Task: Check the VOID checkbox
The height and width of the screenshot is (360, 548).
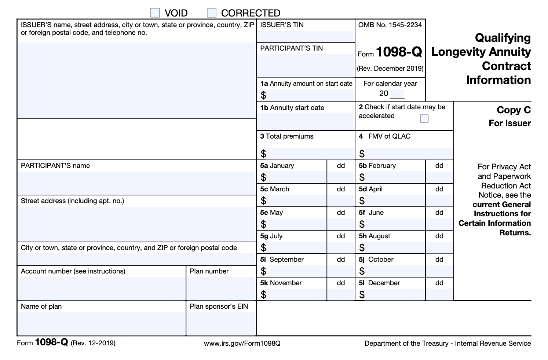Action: pyautogui.click(x=156, y=13)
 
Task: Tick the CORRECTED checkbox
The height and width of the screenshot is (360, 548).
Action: pyautogui.click(x=212, y=13)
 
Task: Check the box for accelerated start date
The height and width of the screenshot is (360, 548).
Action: pyautogui.click(x=424, y=119)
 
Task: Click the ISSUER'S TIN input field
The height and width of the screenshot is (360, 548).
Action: pyautogui.click(x=306, y=36)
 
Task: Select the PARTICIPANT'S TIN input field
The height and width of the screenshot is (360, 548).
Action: pyautogui.click(x=306, y=65)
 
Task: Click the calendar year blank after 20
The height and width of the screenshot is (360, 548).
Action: pyautogui.click(x=397, y=94)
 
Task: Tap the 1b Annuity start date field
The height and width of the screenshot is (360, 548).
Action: pyautogui.click(x=306, y=121)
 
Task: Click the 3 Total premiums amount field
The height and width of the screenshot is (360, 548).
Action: pyautogui.click(x=310, y=154)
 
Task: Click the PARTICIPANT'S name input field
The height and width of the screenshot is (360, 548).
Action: pyautogui.click(x=136, y=182)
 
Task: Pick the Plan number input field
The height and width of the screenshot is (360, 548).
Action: pyautogui.click(x=221, y=288)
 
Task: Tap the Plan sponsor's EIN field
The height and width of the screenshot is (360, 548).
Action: pyautogui.click(x=221, y=323)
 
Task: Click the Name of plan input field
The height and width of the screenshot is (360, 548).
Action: pyautogui.click(x=101, y=323)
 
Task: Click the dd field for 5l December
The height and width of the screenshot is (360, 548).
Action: pyautogui.click(x=439, y=294)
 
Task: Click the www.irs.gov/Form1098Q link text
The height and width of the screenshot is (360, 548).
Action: pyautogui.click(x=242, y=344)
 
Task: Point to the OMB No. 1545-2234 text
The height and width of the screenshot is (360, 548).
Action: pyautogui.click(x=390, y=25)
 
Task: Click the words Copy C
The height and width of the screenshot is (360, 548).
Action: pyautogui.click(x=514, y=110)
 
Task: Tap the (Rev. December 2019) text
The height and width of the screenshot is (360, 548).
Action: pyautogui.click(x=390, y=69)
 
